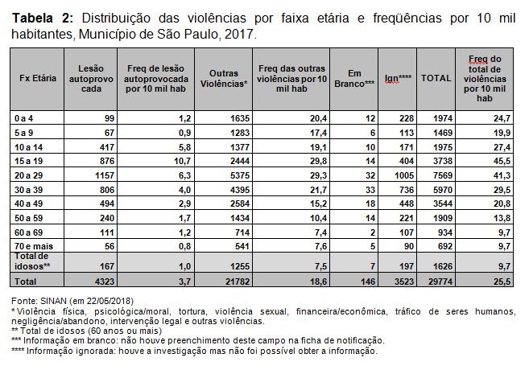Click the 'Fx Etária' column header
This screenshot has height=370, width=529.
point(38,78)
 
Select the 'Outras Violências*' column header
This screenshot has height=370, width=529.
point(224,79)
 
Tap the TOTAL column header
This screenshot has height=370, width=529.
point(436,78)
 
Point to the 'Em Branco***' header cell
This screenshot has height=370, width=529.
point(354,79)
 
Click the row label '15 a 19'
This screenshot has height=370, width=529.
point(29,161)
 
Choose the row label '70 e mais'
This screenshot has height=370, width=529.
point(34,246)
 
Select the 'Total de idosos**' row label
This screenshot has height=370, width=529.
point(32,261)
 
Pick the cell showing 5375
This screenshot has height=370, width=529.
point(240,175)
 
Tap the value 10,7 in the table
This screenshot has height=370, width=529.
point(183,161)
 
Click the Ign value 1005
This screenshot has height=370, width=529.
point(404,175)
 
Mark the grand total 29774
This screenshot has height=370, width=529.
point(440,282)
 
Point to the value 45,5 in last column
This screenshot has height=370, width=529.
point(502,161)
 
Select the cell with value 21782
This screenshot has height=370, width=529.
point(238,282)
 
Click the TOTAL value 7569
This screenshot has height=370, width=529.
point(443,175)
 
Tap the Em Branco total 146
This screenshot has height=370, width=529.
point(368,282)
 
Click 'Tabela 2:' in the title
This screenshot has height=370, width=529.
point(43,18)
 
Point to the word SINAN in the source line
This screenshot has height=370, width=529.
point(54,301)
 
